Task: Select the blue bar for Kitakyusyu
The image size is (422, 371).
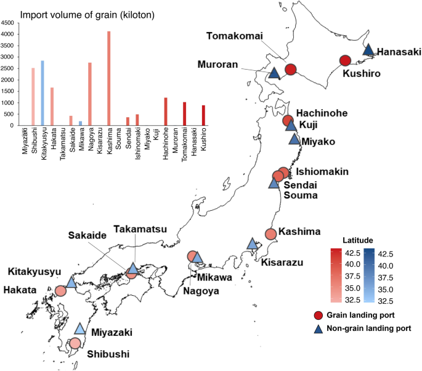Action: click(x=43, y=93)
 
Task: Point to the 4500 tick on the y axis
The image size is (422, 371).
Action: click(x=7, y=23)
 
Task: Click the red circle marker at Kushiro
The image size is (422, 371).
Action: click(x=345, y=60)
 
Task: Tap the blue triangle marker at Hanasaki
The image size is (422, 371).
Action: click(x=368, y=50)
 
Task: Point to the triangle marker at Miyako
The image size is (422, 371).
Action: click(x=295, y=139)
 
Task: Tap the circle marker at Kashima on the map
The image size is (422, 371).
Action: click(x=270, y=234)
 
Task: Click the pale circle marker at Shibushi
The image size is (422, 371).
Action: click(x=75, y=343)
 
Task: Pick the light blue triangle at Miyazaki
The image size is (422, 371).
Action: click(x=80, y=329)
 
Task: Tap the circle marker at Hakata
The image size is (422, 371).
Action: click(x=60, y=291)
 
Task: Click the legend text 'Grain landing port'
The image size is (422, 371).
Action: click(x=367, y=316)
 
